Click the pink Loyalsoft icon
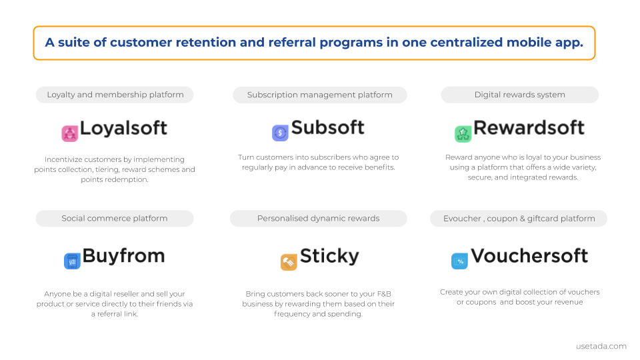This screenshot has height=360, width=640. pyautogui.click(x=70, y=134)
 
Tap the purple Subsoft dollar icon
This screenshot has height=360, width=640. pyautogui.click(x=280, y=133)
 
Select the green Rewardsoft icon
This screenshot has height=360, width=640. pyautogui.click(x=463, y=134)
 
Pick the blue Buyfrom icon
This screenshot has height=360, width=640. pyautogui.click(x=72, y=261)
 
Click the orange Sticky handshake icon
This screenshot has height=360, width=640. pyautogui.click(x=289, y=262)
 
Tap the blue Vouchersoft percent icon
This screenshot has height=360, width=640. pyautogui.click(x=459, y=261)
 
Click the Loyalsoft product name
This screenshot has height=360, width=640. pyautogui.click(x=123, y=128)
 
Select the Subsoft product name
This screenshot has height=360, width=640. pyautogui.click(x=328, y=127)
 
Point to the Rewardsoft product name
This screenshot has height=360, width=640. pyautogui.click(x=529, y=127)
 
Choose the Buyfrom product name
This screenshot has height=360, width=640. pyautogui.click(x=124, y=256)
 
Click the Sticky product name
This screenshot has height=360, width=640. pyautogui.click(x=329, y=256)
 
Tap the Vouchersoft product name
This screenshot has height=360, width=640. pyautogui.click(x=529, y=256)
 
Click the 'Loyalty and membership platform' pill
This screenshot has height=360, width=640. pyautogui.click(x=115, y=95)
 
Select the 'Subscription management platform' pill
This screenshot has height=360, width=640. pyautogui.click(x=319, y=95)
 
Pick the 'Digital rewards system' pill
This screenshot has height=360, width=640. pyautogui.click(x=519, y=95)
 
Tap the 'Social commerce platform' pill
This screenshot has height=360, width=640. pyautogui.click(x=115, y=219)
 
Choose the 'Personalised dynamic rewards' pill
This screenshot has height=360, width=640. pyautogui.click(x=319, y=219)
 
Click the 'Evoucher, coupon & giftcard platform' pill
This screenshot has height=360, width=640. pyautogui.click(x=519, y=219)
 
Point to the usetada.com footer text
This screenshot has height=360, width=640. pyautogui.click(x=601, y=346)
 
